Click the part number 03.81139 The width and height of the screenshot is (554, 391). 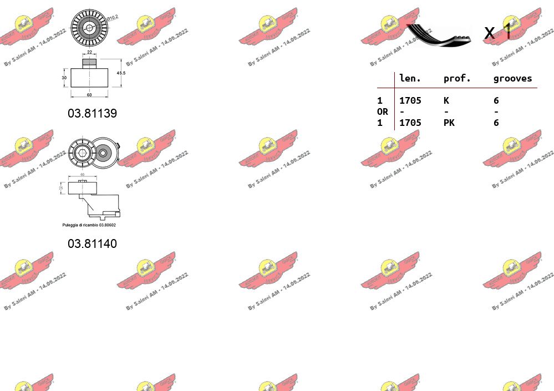tap(92, 113)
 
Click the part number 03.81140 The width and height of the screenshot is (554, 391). tap(92, 243)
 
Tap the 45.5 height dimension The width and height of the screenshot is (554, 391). tap(121, 73)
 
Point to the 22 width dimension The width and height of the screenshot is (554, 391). tap(89, 53)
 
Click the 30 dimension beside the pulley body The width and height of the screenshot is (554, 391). tap(64, 78)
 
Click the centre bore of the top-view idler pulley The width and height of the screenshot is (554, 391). tap(89, 27)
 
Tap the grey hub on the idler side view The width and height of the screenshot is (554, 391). tap(89, 63)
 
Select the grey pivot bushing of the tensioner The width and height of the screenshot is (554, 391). tap(103, 151)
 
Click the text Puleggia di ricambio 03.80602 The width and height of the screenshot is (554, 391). tap(89, 225)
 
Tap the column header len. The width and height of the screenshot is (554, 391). tap(410, 79)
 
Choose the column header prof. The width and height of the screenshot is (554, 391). tap(457, 79)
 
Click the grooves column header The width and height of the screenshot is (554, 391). tap(512, 79)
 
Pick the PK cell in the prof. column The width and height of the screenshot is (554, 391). tap(449, 123)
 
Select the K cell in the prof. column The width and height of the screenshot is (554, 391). tap(446, 100)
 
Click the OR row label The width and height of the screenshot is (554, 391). tap(382, 111)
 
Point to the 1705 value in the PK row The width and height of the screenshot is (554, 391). tap(410, 123)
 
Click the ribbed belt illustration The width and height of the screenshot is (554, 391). tap(438, 34)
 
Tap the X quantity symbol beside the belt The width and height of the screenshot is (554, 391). tap(489, 33)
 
